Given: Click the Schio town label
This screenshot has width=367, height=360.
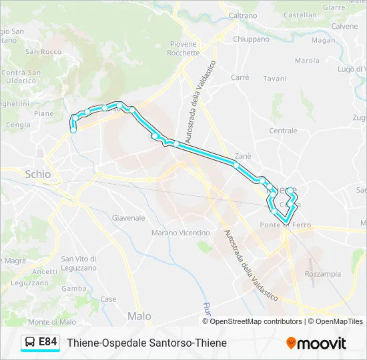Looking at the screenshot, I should point(37,174).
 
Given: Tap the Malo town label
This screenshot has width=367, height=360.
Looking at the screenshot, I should point(139,316).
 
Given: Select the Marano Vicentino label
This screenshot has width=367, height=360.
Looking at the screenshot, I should point(180,233).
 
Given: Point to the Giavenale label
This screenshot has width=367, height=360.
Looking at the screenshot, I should point(129,218).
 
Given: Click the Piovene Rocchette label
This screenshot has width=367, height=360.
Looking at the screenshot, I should point(183,48).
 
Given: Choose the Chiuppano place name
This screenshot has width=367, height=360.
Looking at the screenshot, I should point(251,39).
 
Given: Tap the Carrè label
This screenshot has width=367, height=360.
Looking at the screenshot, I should point(240,77).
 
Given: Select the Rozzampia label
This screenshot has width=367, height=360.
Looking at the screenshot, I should point(322,274).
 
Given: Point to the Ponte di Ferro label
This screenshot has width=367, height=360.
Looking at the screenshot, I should point(286,225).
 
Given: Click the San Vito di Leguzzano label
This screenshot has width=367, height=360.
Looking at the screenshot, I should point(79,263).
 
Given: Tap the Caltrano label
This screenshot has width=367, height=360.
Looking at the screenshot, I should point(243,15).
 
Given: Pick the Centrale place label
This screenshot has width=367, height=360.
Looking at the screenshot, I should point(283,131).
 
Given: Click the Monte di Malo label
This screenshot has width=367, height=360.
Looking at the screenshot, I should point(52,322).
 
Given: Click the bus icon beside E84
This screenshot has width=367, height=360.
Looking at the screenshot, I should point(30,343).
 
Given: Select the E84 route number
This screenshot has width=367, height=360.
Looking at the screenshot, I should point(48,343).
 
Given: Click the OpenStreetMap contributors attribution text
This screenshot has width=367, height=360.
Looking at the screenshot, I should point(256,321).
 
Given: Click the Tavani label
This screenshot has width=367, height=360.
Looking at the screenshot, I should point(274,79).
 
